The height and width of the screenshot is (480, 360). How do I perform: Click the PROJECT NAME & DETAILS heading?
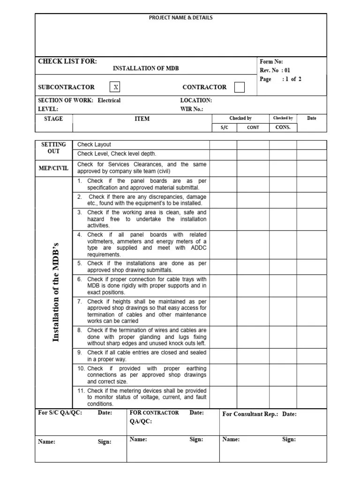point(180,18)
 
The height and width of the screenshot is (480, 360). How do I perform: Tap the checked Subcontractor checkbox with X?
point(116,87)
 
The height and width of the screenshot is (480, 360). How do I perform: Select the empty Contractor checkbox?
point(239,87)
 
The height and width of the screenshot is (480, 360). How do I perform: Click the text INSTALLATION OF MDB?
point(146,68)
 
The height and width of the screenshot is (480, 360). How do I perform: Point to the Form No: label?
point(271,62)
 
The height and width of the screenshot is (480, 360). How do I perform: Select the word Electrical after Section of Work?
point(109,100)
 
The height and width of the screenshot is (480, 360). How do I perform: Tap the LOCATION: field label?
point(196,100)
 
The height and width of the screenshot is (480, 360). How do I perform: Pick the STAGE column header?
point(53,119)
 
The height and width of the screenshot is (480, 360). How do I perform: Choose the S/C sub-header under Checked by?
point(224,127)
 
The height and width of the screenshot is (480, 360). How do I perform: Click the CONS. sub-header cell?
point(283,127)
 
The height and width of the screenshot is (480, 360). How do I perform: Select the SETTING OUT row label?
point(54,148)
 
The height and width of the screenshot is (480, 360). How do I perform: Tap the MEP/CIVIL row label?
point(53,168)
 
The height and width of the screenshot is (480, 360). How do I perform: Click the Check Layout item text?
point(94,144)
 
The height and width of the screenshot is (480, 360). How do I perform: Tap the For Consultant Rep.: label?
point(250,414)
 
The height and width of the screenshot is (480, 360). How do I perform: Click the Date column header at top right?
point(312,118)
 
